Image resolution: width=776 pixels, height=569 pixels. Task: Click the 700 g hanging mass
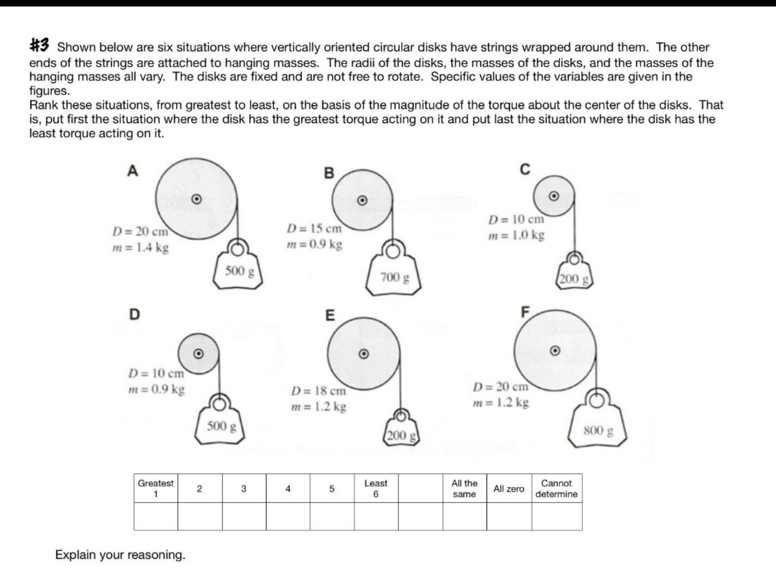coord(394,277)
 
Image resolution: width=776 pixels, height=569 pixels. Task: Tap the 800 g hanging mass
coord(597,430)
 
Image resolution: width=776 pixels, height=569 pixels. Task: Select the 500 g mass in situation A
coord(238,271)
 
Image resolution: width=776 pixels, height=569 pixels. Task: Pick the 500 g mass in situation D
coord(220,426)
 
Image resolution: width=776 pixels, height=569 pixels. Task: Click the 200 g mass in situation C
coord(575,278)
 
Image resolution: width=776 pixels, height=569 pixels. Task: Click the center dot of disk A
coord(196,199)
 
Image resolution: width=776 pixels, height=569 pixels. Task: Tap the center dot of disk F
coord(555,350)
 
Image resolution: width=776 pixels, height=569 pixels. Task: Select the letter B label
coord(329,173)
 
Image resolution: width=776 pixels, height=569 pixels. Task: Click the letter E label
coord(330,315)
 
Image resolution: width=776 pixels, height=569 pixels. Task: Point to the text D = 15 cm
coord(314,229)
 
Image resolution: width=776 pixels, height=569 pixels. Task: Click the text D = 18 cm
coord(318,391)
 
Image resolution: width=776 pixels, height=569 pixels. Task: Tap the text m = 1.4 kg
coord(140,247)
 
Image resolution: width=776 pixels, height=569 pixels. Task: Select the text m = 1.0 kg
coord(516,235)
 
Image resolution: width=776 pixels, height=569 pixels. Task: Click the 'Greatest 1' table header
coord(156,488)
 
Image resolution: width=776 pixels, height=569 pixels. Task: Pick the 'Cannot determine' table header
coord(557,488)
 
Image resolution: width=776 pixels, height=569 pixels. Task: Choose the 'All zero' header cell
coord(508,489)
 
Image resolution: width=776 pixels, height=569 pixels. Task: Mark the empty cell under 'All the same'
coord(464,516)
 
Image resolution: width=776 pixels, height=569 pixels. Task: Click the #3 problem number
coord(39,45)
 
